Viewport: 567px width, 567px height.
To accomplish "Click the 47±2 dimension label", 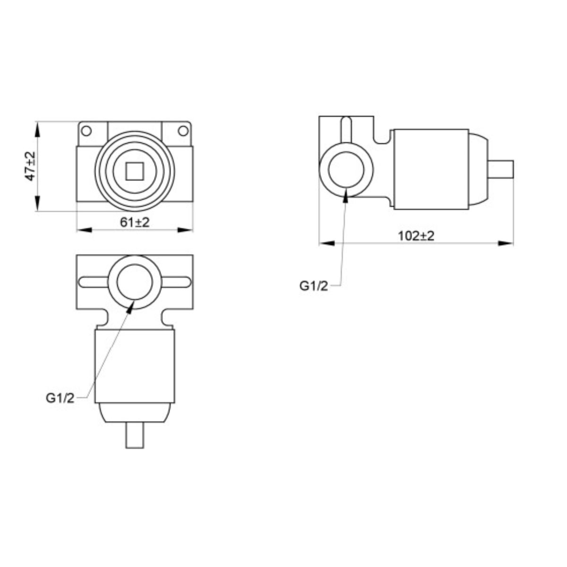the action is [30, 166].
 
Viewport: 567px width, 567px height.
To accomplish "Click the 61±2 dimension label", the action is [135, 223].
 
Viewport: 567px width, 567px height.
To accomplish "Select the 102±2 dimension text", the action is [416, 236].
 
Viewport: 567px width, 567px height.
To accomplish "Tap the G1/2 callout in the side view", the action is [313, 286].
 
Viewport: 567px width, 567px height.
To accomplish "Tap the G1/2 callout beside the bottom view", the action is [60, 398].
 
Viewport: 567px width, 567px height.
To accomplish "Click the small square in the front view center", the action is [135, 172].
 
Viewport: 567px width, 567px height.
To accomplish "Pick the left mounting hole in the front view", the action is [86, 130].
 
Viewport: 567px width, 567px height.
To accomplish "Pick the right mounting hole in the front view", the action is [183, 130].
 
